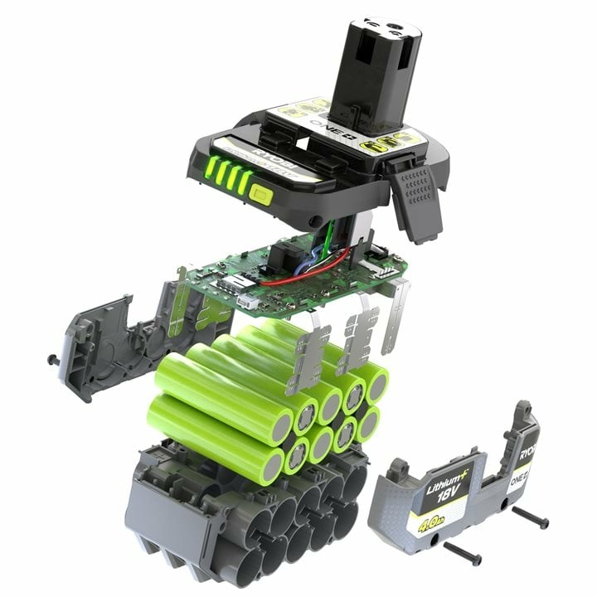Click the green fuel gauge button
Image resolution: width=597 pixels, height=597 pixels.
click(x=260, y=197)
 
